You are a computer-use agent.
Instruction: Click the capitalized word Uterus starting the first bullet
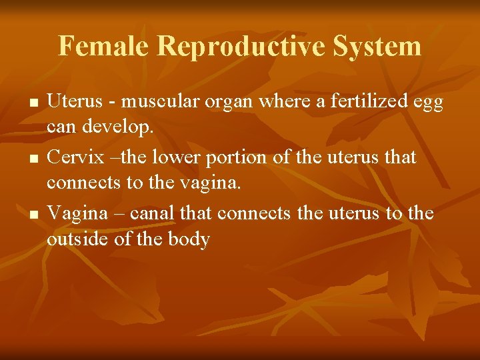pyautogui.click(x=71, y=101)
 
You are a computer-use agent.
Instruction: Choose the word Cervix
pyautogui.click(x=71, y=157)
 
